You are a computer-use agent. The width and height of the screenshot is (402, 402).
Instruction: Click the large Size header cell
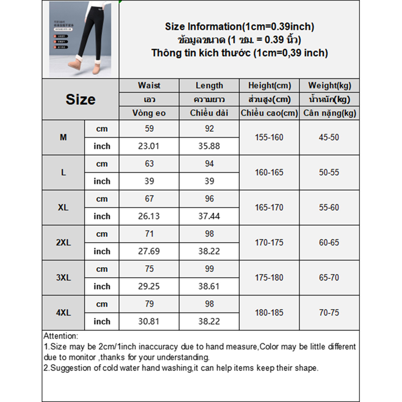80,99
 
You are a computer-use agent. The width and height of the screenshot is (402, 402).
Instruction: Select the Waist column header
149,85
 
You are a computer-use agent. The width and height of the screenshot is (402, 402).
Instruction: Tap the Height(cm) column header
269,85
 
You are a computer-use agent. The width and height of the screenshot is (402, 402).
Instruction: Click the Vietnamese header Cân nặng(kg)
329,113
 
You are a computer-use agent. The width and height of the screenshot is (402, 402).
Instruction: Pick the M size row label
63,137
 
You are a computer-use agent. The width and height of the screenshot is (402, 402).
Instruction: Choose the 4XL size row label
63,313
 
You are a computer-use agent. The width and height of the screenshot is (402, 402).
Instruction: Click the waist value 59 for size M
149,129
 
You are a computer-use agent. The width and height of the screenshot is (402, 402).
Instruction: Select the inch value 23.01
149,146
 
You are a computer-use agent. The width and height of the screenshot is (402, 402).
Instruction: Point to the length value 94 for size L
209,164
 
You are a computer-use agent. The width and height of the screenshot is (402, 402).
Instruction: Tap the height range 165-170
269,208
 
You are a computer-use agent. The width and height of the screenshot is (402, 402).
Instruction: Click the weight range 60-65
329,243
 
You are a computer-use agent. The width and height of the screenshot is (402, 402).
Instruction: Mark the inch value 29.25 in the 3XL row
149,286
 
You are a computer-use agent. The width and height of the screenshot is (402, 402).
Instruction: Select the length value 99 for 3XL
209,269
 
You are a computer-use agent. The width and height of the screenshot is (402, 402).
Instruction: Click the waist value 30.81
149,321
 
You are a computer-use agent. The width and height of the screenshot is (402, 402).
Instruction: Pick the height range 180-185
269,313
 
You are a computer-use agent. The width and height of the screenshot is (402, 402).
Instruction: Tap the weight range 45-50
329,137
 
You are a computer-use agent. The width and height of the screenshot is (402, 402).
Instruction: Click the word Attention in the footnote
61,336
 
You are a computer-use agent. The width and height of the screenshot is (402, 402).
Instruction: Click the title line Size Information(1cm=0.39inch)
239,27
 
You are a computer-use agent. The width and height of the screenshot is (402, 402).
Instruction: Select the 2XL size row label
63,243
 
